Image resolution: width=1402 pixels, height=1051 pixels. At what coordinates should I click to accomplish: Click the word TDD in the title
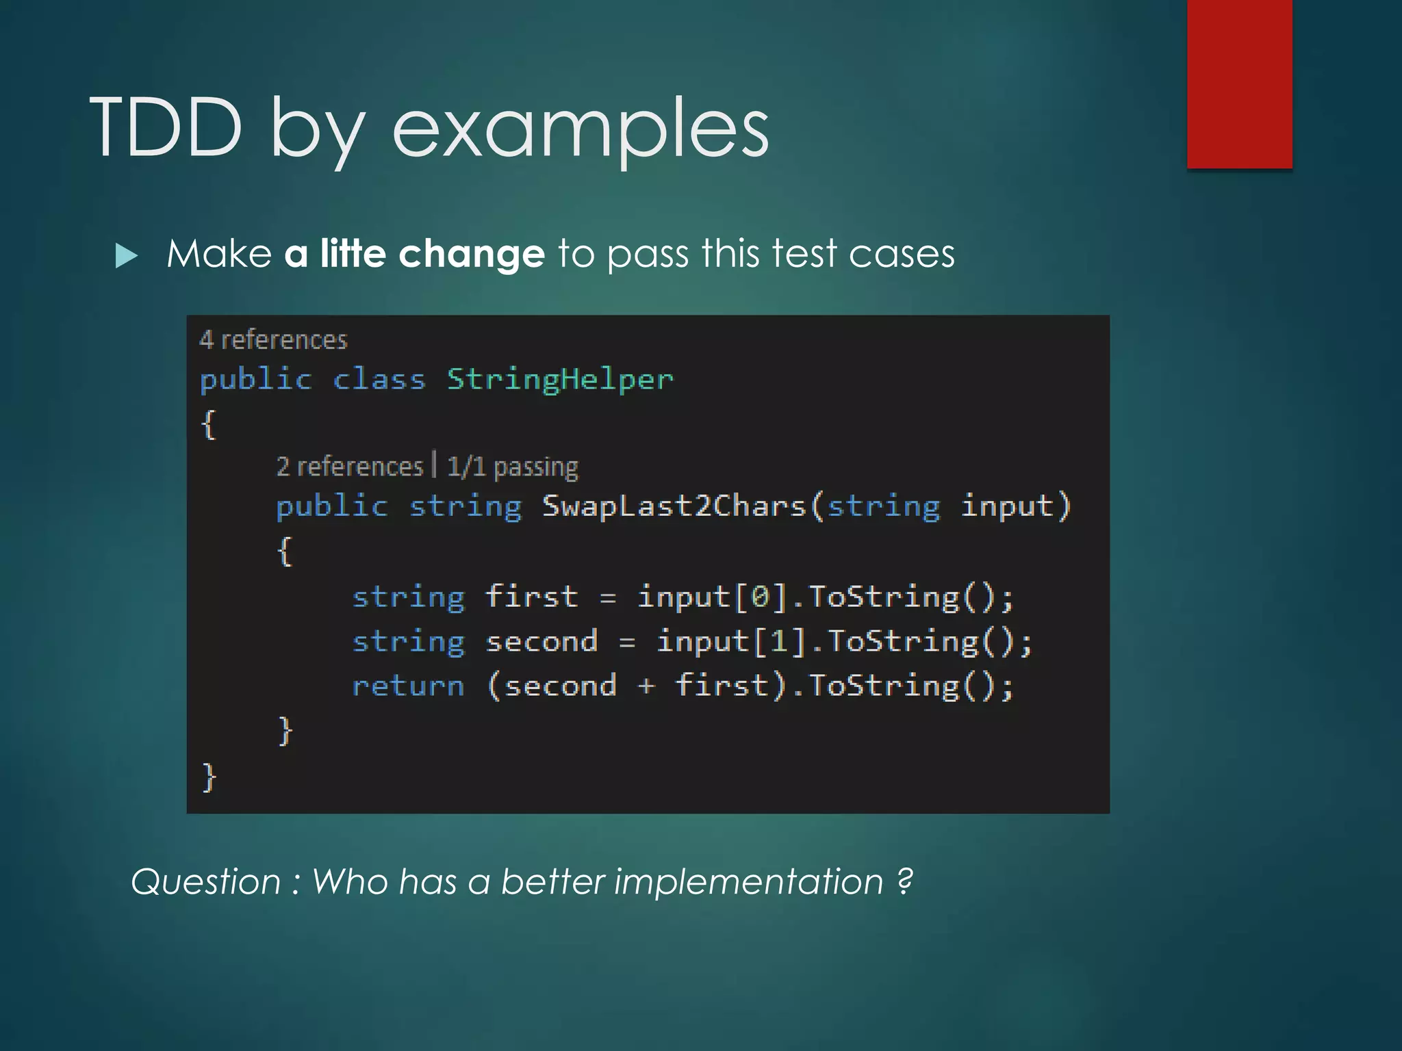point(166,127)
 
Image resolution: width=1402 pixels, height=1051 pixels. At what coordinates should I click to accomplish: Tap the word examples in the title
point(581,130)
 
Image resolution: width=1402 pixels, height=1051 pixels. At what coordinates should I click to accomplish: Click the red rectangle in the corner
point(1239,83)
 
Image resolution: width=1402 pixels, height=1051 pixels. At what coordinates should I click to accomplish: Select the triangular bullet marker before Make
point(127,256)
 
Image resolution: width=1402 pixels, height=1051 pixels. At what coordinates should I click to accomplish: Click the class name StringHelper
point(560,380)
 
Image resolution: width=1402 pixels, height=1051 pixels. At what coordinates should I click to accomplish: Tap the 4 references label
point(273,340)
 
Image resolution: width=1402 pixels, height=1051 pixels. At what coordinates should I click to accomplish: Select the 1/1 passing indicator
point(512,467)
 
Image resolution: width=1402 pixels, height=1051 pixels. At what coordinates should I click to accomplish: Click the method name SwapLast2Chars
point(674,507)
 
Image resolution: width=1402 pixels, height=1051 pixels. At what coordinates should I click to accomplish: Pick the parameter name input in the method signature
point(1006,507)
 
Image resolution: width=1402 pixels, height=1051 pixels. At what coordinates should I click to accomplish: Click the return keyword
point(408,686)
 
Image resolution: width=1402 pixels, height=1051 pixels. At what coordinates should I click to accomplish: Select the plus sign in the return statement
point(646,686)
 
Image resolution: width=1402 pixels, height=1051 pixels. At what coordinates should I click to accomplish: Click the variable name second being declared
point(541,642)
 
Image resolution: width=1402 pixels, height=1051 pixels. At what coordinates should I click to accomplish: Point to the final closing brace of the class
point(209,777)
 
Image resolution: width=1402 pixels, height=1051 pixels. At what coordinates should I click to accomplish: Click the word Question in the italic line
point(205,881)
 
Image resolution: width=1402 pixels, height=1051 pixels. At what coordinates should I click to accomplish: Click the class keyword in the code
point(379,380)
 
